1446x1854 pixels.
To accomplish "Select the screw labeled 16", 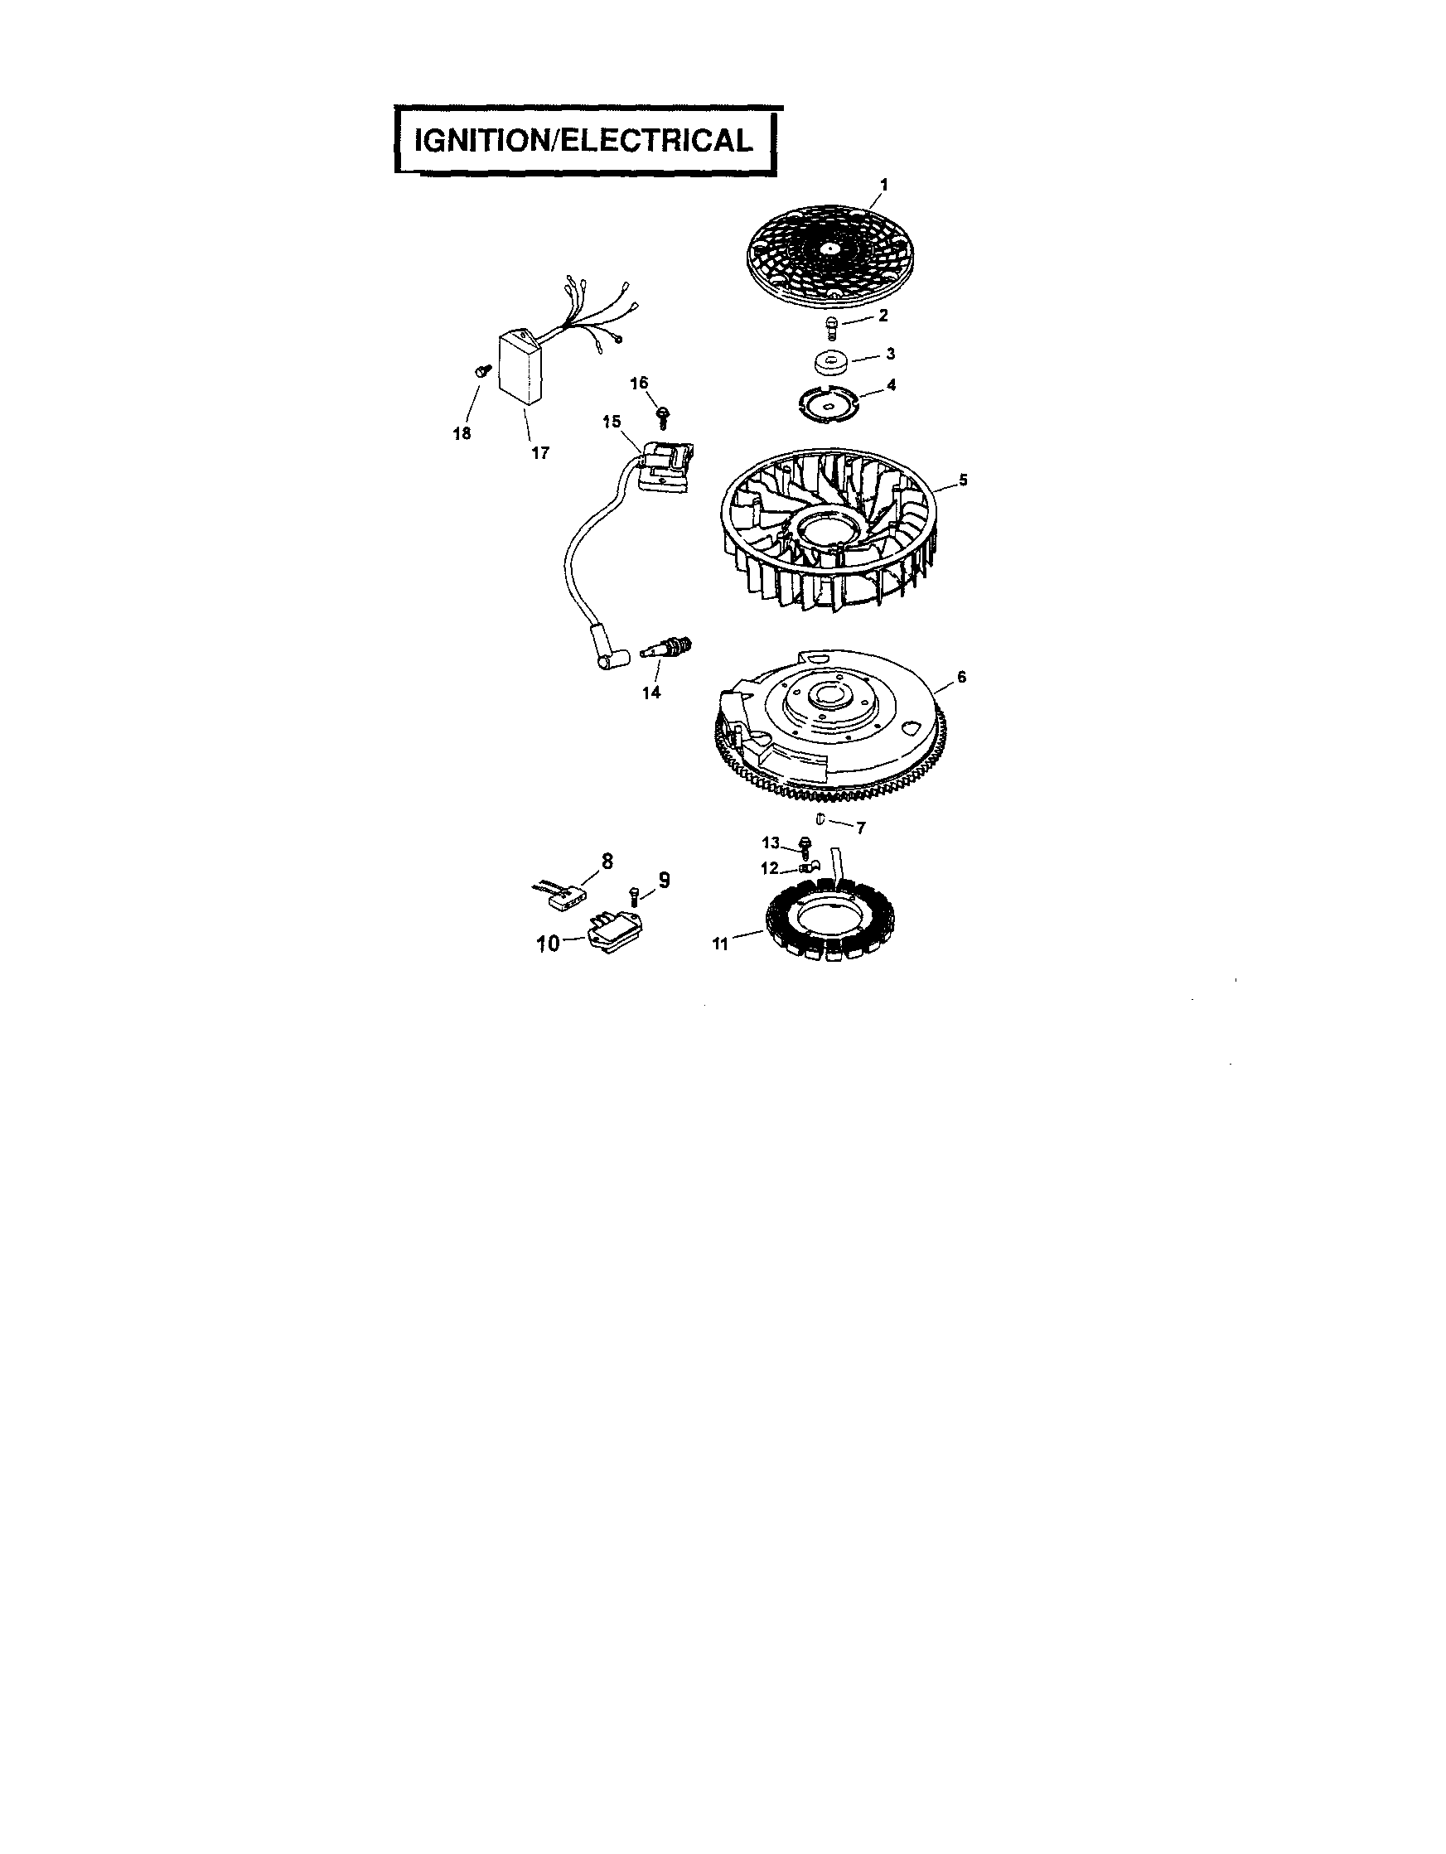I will [x=662, y=415].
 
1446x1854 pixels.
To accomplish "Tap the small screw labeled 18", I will [x=483, y=369].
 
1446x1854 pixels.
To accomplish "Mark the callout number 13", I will [x=770, y=843].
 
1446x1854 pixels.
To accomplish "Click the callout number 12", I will [x=768, y=868].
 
